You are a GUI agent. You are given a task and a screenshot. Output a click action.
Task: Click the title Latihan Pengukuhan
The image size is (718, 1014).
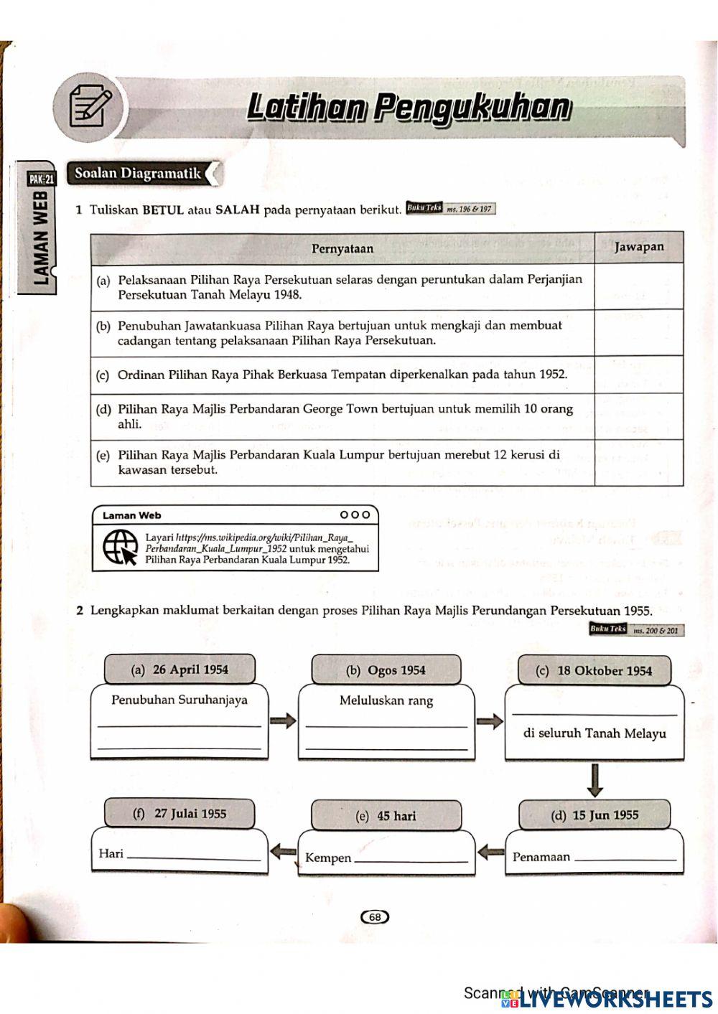[x=409, y=107]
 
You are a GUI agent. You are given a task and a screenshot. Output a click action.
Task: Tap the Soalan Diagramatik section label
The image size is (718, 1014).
[x=139, y=173]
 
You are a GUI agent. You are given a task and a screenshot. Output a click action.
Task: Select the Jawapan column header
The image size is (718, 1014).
[x=638, y=247]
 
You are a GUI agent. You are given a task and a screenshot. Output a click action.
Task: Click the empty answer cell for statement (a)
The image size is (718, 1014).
[x=638, y=286]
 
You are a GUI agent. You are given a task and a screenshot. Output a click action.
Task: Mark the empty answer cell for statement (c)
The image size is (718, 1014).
[x=638, y=375]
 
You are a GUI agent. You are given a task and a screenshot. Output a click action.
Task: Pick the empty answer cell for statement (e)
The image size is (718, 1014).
[x=638, y=463]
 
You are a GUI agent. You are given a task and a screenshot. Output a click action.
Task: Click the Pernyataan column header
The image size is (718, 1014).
[x=342, y=248]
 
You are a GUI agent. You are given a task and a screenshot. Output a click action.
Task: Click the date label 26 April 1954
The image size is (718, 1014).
[x=179, y=670]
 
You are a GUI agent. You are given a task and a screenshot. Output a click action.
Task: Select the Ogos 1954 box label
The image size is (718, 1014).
[x=386, y=670]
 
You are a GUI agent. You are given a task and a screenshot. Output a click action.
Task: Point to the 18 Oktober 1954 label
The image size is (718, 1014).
[x=595, y=671]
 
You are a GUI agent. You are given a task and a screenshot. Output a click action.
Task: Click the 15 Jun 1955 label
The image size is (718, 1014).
[x=595, y=815]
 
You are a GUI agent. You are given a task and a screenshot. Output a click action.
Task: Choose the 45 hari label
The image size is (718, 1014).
[x=386, y=816]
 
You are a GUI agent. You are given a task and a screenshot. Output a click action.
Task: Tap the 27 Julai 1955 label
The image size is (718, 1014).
[x=179, y=814]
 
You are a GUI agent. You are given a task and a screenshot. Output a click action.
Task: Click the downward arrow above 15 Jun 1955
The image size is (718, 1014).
[x=595, y=780]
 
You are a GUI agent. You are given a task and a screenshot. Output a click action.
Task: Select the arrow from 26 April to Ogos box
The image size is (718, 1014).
[x=283, y=720]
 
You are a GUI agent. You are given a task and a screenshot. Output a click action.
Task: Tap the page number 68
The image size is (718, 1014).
[x=374, y=916]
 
